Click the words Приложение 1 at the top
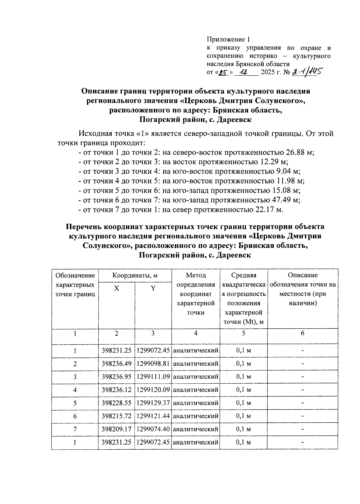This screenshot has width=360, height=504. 228,39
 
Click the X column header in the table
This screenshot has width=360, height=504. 116,288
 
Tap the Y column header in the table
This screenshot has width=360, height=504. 153,288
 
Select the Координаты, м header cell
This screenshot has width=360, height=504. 135,275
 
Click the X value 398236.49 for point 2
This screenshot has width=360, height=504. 116,364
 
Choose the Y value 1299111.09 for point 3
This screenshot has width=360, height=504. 153,377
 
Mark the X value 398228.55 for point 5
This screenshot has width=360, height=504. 116,403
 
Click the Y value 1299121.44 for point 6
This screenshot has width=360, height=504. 153,416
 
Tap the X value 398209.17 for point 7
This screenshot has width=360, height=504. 116,429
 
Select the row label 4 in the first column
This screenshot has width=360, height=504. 75,390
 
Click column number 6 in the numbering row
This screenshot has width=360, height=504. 302,333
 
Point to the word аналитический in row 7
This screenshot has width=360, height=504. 196,429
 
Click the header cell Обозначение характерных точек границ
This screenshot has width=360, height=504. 75,285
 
